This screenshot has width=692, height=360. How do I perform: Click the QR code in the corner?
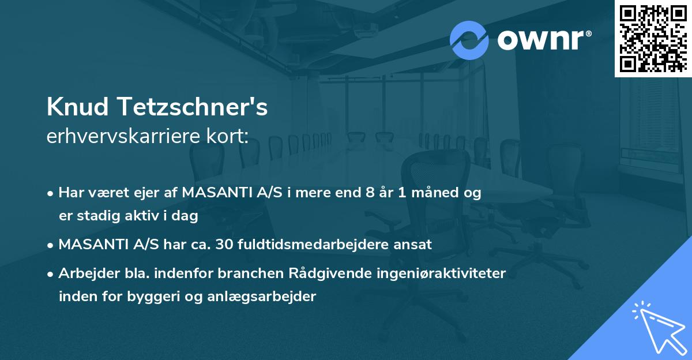click(653, 38)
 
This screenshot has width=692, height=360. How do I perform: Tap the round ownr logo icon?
click(469, 40)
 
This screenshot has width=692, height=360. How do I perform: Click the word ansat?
click(413, 245)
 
